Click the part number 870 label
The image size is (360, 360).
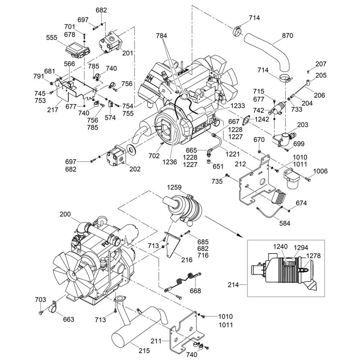(288, 36)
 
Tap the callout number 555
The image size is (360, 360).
(53, 37)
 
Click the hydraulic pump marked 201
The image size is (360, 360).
(110, 43)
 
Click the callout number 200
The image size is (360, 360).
(66, 214)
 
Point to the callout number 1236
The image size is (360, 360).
(169, 162)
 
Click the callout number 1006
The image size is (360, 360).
(320, 171)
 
